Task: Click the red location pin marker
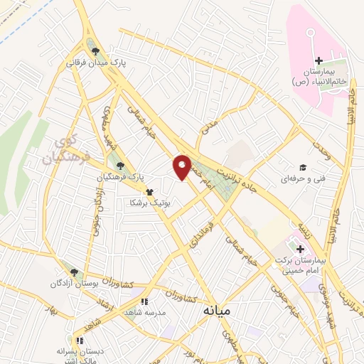[183, 167]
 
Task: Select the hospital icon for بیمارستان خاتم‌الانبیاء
[318, 61]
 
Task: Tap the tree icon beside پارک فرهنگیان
[119, 166]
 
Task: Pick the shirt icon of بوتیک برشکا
[149, 192]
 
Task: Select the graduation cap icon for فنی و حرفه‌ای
[303, 167]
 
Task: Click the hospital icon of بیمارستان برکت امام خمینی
[301, 250]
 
